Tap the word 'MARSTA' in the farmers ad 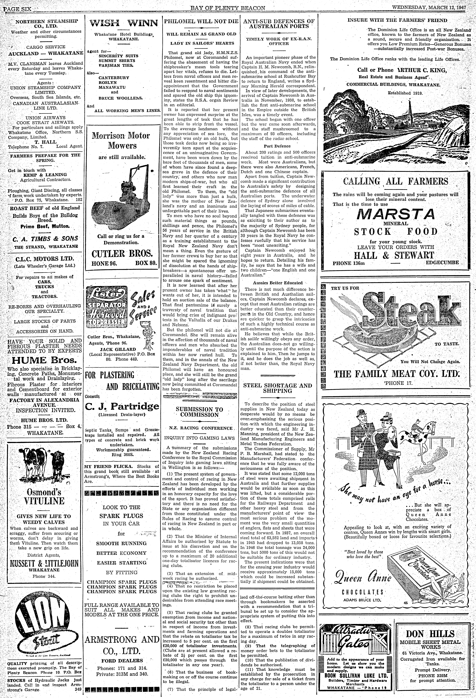[396, 214]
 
